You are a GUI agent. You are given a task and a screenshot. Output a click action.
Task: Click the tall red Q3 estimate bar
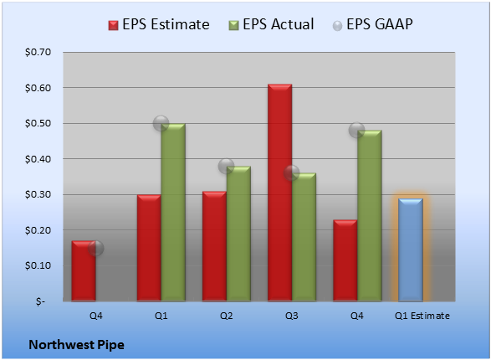click(279, 193)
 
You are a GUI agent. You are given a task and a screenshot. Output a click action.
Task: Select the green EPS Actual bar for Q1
click(173, 213)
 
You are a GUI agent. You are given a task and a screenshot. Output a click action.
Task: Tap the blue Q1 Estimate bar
click(411, 249)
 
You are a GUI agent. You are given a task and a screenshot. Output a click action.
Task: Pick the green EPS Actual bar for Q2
click(238, 234)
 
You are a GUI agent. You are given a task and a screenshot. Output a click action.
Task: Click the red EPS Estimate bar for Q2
click(214, 246)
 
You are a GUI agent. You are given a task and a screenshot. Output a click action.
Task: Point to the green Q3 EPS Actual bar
click(304, 237)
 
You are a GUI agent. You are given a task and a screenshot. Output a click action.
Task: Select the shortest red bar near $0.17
click(84, 271)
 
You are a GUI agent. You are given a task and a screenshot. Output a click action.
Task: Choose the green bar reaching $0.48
click(370, 216)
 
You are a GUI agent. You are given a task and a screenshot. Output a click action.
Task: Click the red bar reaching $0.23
click(345, 260)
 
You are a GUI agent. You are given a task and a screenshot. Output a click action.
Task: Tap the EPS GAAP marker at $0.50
click(161, 123)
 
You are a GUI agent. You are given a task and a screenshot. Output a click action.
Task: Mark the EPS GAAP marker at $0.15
click(95, 248)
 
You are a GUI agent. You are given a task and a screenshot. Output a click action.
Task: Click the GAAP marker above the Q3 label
click(292, 173)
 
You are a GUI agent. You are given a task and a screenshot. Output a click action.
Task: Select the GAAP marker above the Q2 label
click(226, 166)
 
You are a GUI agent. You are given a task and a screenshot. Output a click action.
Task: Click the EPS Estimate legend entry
click(159, 24)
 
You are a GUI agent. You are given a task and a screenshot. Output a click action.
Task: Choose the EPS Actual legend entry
click(271, 24)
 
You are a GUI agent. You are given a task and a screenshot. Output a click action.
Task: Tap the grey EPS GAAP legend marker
click(337, 26)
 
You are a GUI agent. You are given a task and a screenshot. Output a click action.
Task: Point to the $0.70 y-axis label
click(38, 52)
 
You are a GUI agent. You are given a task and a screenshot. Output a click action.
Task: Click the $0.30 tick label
click(38, 194)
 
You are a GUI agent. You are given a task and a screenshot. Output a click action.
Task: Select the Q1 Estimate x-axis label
click(422, 316)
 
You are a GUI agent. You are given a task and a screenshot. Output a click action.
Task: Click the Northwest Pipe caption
click(76, 345)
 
